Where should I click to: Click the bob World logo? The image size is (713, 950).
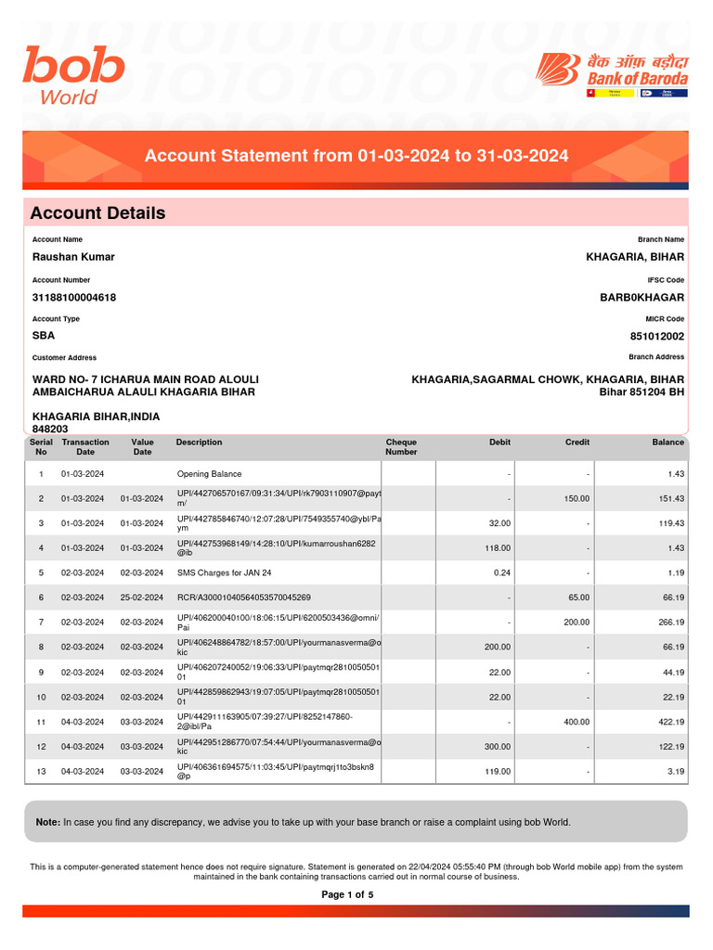(73, 76)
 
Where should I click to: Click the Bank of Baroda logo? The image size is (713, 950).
(613, 75)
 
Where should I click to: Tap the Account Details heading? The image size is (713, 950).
(97, 212)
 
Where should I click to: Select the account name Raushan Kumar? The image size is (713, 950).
(73, 257)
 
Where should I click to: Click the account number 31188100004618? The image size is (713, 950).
(74, 298)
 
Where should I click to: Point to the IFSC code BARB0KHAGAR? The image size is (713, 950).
(642, 298)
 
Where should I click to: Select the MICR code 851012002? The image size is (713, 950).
(656, 337)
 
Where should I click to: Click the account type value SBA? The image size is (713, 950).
(44, 337)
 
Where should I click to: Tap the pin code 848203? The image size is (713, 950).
(51, 430)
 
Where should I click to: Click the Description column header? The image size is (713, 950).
(199, 443)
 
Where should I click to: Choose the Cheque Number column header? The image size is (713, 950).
(401, 447)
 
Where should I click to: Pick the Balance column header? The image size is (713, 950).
(668, 443)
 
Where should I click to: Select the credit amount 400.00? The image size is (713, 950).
(577, 722)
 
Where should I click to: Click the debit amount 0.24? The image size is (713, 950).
(499, 573)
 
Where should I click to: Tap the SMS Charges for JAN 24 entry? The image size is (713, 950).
(224, 573)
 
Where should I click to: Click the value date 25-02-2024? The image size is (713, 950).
(142, 598)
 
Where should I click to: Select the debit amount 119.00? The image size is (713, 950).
(497, 772)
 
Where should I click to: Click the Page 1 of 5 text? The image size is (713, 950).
(347, 895)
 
